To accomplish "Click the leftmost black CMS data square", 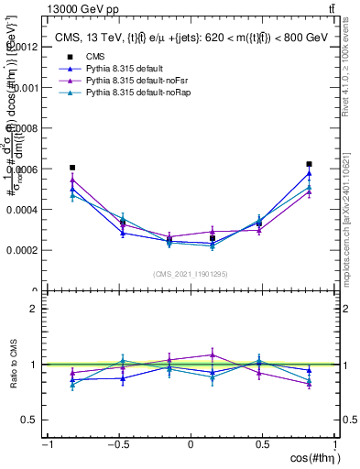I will click(72, 168).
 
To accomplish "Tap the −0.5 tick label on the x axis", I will click(116, 443).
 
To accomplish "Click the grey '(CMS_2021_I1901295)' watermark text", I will click(191, 274).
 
